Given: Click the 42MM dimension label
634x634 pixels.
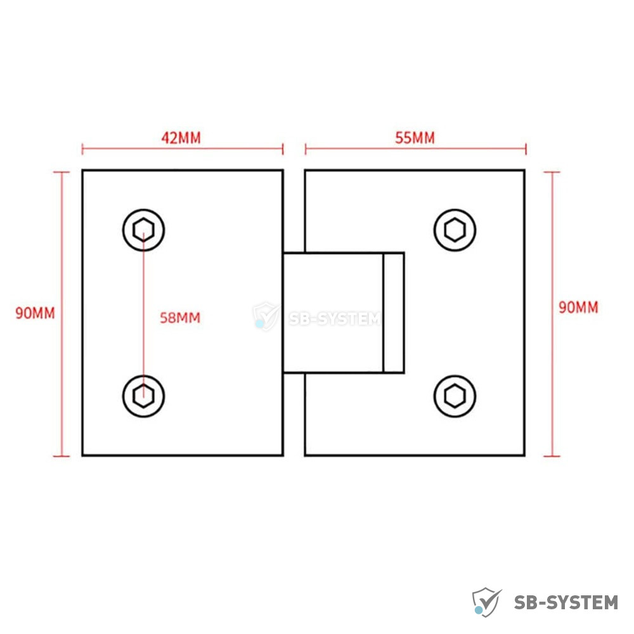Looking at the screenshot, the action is [181, 138].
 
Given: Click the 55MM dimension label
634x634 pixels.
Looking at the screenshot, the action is [415, 138].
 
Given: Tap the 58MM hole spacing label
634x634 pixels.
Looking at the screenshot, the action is [180, 318].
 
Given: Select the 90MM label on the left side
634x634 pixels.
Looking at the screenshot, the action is [35, 313].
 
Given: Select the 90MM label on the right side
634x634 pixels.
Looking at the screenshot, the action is [578, 307].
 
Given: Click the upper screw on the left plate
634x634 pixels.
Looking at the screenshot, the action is [143, 230].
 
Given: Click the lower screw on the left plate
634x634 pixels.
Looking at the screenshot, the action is [143, 396].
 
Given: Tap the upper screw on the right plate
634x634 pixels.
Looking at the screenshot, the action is [455, 230].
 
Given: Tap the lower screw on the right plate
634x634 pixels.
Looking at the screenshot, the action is [455, 396].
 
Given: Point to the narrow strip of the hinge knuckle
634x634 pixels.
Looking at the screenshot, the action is [394, 313].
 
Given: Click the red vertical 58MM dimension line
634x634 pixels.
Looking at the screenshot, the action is [143, 313].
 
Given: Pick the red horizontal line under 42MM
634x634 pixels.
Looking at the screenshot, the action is [183, 149].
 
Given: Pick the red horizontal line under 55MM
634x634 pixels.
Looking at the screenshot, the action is [416, 149].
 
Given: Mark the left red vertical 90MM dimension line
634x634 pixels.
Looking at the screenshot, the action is [61, 314].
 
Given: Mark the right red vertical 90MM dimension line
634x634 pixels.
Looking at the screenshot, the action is [552, 314].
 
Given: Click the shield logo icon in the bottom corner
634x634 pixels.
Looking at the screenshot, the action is [487, 602].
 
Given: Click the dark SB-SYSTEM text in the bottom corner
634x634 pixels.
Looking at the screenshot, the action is [566, 602].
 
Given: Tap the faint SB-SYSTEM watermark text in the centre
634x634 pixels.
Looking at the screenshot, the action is [335, 319].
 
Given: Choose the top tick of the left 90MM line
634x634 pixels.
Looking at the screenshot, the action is [61, 172].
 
